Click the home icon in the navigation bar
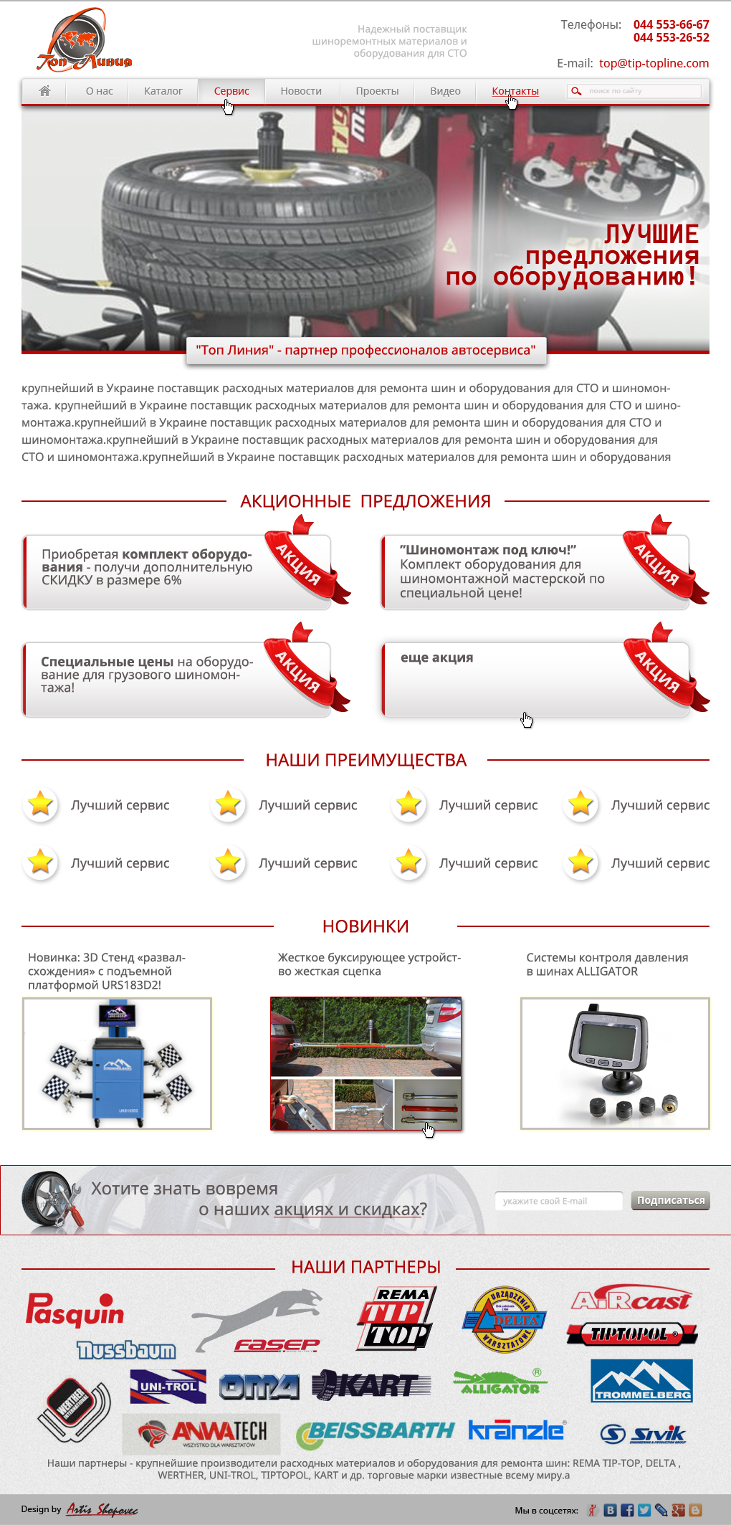point(44,91)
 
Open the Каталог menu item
point(163,91)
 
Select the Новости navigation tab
point(301,91)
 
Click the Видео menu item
point(445,91)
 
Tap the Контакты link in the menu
point(515,91)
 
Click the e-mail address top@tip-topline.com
point(654,63)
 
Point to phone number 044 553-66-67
point(671,24)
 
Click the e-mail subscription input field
point(558,1201)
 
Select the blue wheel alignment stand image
point(117,1063)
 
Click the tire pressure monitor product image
point(614,1063)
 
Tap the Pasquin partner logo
point(75,1309)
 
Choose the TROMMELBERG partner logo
point(641,1380)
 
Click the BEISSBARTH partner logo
point(376,1433)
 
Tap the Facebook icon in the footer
point(627,1510)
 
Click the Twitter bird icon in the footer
point(644,1510)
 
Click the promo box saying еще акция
point(534,679)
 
